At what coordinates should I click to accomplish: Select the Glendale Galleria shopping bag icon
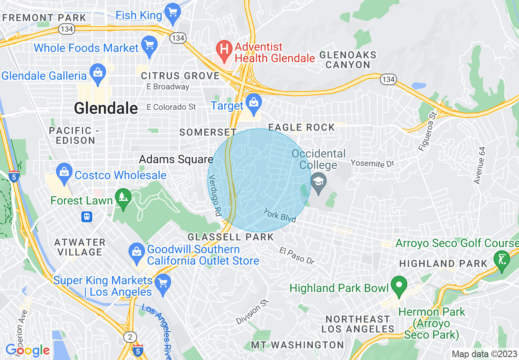(97, 74)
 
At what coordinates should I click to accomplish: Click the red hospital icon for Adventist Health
(224, 50)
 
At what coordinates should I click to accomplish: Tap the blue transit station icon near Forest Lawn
(87, 216)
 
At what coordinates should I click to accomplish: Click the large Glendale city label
(106, 108)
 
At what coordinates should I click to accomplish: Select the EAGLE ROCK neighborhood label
(302, 128)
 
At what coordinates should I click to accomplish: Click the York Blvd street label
(280, 215)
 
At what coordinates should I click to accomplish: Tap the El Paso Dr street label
(297, 256)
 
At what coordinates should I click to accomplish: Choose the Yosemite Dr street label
(372, 164)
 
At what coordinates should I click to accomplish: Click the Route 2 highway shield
(130, 337)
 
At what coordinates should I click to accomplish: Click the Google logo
(27, 351)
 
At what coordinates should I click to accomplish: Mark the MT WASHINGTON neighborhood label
(297, 345)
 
